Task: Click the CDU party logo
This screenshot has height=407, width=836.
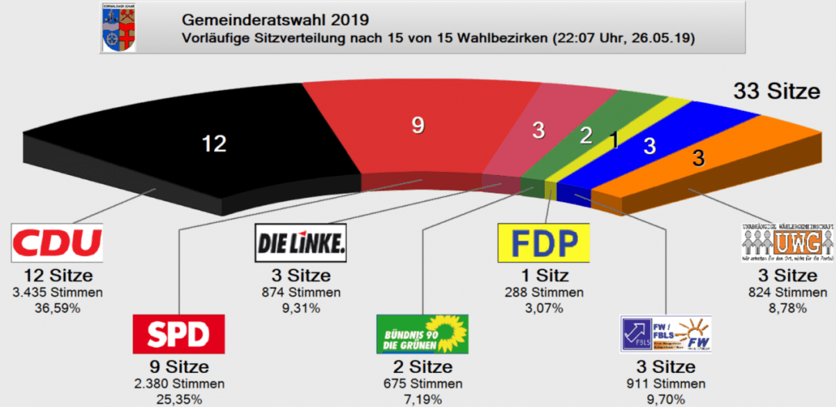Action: [x=57, y=243]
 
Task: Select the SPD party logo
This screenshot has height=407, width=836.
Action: [x=179, y=334]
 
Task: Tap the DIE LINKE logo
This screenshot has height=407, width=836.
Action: [x=300, y=243]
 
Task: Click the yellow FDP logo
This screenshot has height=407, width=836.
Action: [x=543, y=243]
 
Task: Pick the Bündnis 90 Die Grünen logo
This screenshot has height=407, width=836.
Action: [x=421, y=334]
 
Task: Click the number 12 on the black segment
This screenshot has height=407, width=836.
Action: [x=213, y=143]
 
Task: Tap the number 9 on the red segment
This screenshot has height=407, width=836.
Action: [x=418, y=125]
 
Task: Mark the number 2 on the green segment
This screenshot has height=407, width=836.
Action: [x=586, y=136]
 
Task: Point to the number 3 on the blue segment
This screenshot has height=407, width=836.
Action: [x=650, y=146]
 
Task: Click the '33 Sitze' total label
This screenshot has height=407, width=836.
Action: [x=776, y=92]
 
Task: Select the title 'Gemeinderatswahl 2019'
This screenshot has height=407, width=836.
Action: [x=274, y=18]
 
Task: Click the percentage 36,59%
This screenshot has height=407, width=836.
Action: [x=57, y=308]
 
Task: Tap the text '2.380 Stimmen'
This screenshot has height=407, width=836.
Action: [x=179, y=384]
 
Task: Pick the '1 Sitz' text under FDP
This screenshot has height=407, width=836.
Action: [x=543, y=276]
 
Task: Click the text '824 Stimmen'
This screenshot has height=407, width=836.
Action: [x=787, y=293]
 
